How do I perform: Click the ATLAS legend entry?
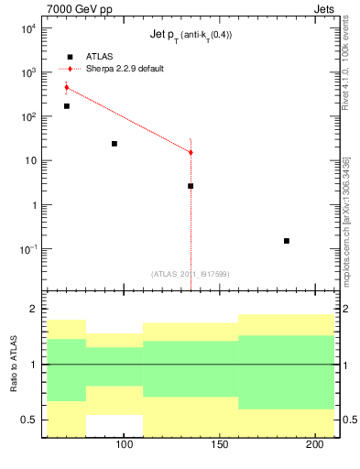(94, 57)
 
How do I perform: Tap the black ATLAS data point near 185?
(287, 241)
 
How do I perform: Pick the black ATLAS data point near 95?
(115, 144)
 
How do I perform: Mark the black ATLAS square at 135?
(191, 186)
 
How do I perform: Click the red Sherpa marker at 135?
(191, 152)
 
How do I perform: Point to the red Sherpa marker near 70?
(67, 87)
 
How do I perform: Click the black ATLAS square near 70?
(67, 106)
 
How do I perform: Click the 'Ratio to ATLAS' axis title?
(15, 365)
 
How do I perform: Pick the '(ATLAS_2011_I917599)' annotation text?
(191, 273)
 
